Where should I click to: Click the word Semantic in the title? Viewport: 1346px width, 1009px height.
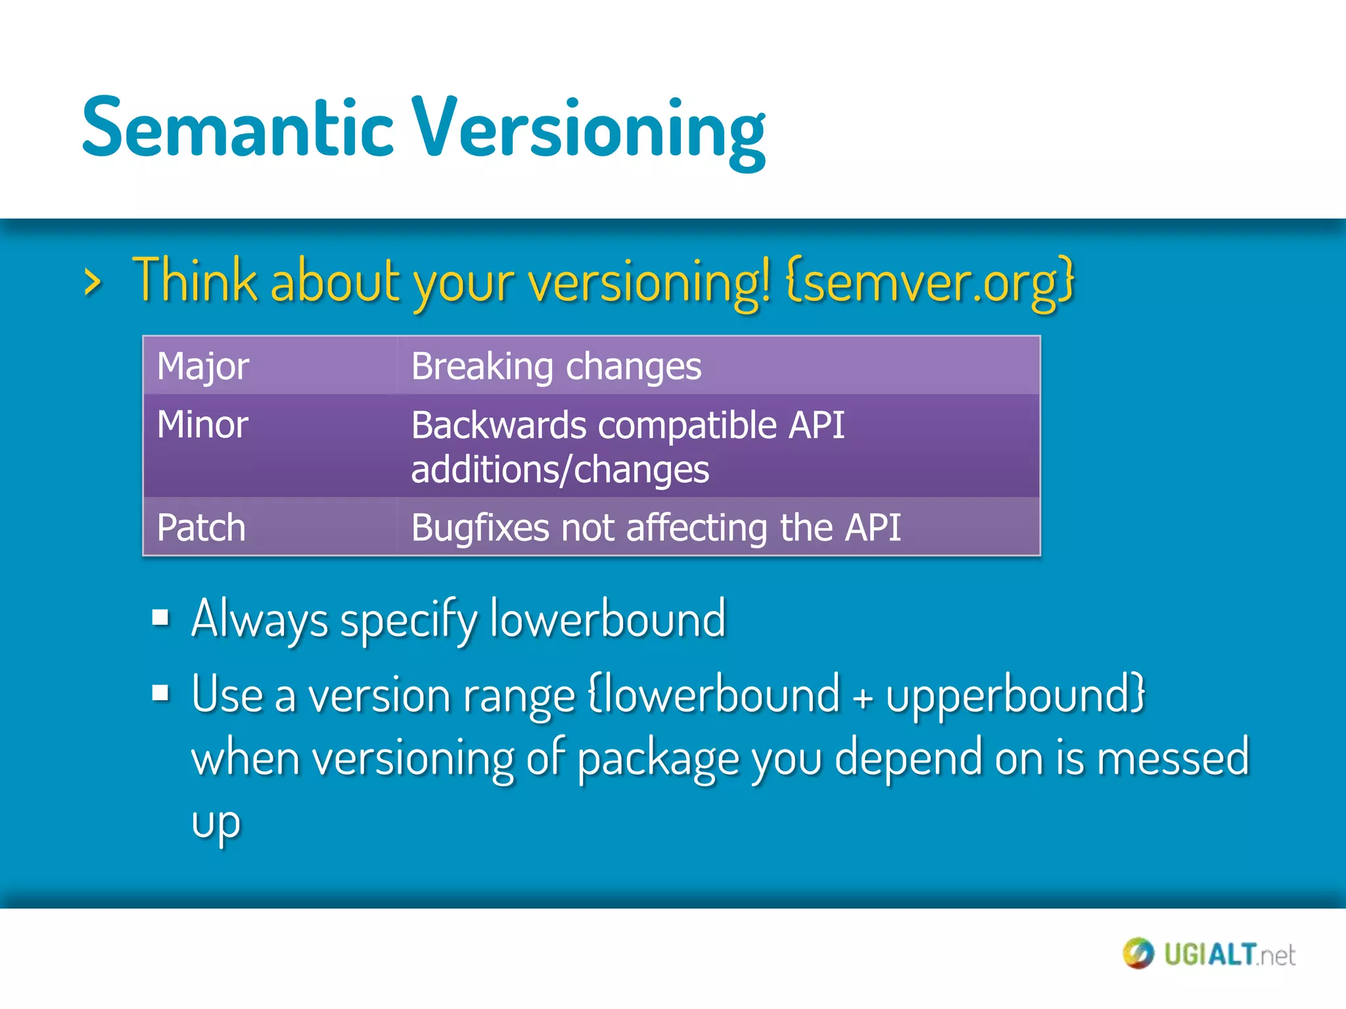pos(237,128)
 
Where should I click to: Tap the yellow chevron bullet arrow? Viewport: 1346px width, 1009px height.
pos(93,283)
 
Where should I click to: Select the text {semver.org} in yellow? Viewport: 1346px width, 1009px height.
pos(929,281)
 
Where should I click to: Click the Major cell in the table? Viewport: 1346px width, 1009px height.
pos(203,366)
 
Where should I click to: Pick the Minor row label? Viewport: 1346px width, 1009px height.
pos(202,424)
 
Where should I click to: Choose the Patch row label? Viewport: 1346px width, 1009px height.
pos(201,527)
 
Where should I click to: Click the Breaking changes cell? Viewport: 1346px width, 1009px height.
pos(556,366)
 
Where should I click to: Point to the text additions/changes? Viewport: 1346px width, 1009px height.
pos(560,470)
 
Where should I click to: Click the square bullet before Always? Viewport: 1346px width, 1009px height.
pos(160,617)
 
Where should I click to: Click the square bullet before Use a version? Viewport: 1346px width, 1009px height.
pos(160,692)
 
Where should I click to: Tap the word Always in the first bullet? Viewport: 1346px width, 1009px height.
pos(260,619)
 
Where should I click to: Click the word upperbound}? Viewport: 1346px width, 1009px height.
pos(1015,694)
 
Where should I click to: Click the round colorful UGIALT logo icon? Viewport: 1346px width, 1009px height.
pos(1138,953)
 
